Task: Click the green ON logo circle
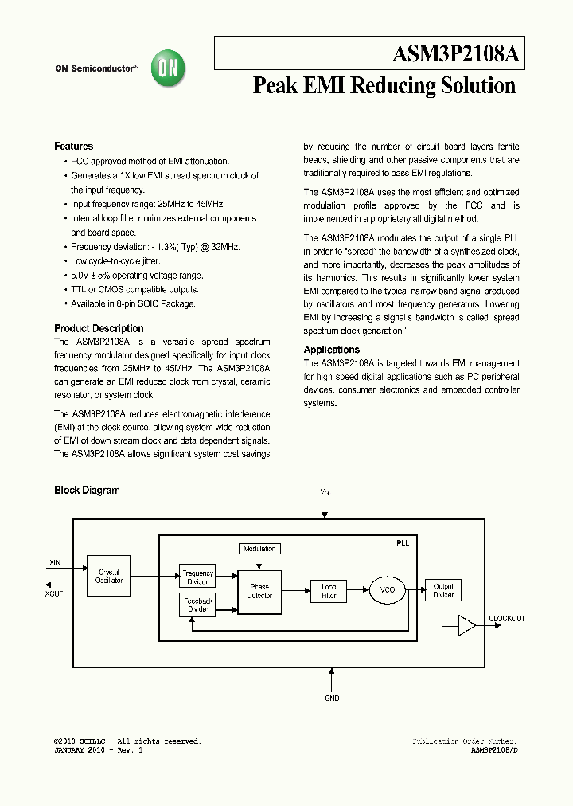(170, 68)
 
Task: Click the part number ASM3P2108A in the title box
(456, 55)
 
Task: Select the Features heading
(73, 147)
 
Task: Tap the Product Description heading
(99, 328)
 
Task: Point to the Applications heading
(331, 350)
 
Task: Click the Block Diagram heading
(87, 491)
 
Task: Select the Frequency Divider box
(197, 577)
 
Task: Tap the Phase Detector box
(259, 591)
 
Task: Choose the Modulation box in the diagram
(259, 549)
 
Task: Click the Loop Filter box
(329, 591)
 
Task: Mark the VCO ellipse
(387, 590)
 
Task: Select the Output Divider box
(442, 590)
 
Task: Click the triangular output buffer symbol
(466, 625)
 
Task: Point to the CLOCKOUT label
(507, 619)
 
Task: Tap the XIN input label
(55, 563)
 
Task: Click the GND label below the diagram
(332, 698)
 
